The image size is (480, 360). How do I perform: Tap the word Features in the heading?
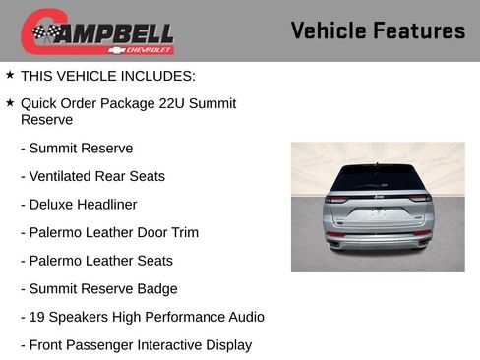coord(421,30)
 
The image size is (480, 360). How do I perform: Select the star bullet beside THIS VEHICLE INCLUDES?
coord(10,75)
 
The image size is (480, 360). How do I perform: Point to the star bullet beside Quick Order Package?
coord(10,102)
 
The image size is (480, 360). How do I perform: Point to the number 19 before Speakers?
coord(37,317)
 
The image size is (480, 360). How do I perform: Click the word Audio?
coord(244,317)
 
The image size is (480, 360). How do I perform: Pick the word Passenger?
coord(100,344)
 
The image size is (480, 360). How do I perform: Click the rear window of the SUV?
coord(378,178)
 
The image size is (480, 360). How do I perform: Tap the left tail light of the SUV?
coord(338,199)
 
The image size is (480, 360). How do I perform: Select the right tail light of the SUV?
coord(419,199)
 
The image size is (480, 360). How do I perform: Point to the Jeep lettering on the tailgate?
coord(379,197)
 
